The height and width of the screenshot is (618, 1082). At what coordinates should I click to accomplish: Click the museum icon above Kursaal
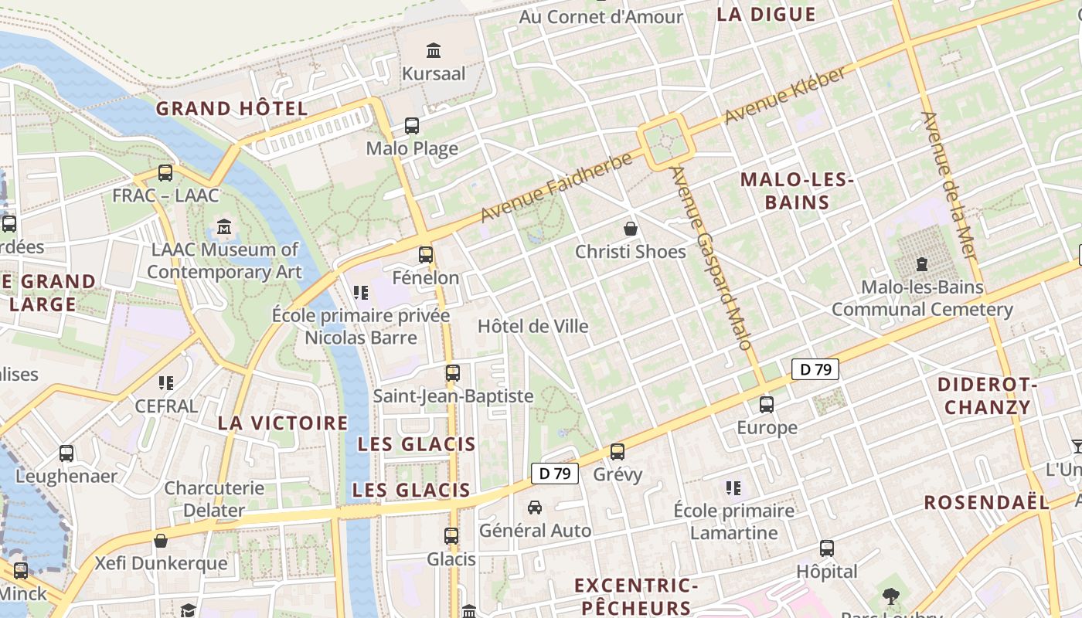coord(434,51)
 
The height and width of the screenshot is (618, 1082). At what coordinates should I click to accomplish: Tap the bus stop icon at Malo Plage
coord(412,125)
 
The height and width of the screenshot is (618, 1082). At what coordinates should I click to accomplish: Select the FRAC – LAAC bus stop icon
coord(165,173)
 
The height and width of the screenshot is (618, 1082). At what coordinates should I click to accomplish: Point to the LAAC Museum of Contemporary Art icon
coord(224,227)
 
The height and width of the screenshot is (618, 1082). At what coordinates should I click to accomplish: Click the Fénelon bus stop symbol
coord(425,255)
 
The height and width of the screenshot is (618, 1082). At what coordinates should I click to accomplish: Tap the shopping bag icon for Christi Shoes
coord(631,229)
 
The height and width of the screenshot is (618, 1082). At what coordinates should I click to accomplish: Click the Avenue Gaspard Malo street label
coord(711,258)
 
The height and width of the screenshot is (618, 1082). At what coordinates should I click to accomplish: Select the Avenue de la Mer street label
coord(949,185)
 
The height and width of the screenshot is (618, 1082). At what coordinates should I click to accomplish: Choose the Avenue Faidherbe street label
coord(556,187)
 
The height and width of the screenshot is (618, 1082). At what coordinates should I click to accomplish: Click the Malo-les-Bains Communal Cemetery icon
coord(921,264)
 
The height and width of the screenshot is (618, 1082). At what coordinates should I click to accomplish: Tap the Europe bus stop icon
coord(767,404)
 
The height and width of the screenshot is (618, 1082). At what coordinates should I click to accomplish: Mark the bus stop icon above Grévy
coord(617,452)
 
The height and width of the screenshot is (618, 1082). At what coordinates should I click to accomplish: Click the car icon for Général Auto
coord(534,508)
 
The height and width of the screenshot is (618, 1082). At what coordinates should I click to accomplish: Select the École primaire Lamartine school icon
coord(733,488)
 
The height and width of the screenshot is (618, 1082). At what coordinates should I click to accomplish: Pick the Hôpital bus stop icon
coord(827,548)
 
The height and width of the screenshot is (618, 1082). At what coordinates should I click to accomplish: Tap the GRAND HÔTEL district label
coord(232,109)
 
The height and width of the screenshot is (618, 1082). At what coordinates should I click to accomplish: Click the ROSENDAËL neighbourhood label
coord(987,502)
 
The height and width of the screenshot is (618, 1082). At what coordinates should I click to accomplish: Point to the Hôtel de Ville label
coord(533,326)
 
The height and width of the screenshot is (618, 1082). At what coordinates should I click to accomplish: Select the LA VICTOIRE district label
coord(283,423)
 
